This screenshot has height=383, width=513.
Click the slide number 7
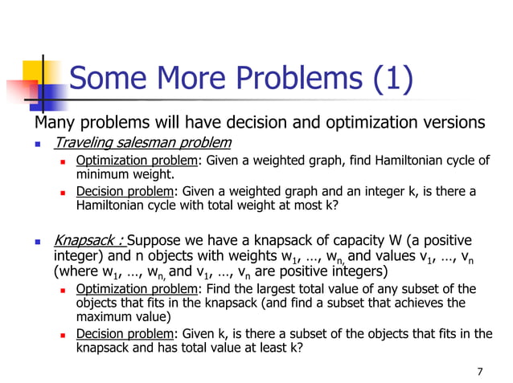[479, 371]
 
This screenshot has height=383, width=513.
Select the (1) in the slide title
[392, 79]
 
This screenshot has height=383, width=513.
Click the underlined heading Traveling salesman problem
[142, 143]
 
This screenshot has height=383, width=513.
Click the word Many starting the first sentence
[55, 123]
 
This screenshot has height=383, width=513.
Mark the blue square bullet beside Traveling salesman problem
[37, 145]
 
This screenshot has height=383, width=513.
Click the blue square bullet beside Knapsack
[37, 242]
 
